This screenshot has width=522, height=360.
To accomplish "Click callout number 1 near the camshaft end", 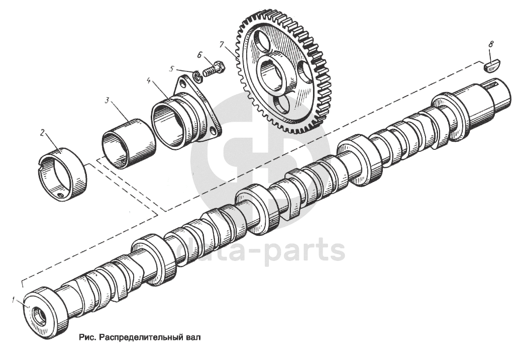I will click(x=13, y=300).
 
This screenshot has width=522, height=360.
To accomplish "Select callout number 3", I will click(x=107, y=100).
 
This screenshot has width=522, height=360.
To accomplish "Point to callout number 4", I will click(x=149, y=80).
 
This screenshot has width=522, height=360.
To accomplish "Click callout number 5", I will click(x=172, y=68).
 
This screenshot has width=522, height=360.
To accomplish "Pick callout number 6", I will click(x=199, y=54).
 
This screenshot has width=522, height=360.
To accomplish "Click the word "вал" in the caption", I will click(x=194, y=337).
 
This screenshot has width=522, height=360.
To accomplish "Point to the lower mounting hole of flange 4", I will click(x=213, y=132).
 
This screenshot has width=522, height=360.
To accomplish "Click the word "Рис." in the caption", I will click(x=87, y=337).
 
